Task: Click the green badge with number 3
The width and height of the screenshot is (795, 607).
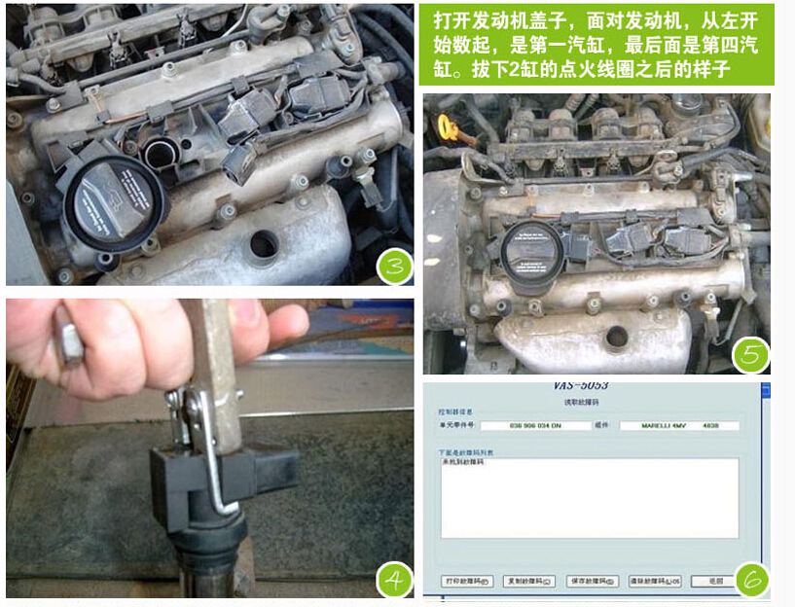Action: tap(395, 266)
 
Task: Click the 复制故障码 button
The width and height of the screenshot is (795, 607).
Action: tap(529, 581)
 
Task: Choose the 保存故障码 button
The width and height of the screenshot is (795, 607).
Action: tap(592, 581)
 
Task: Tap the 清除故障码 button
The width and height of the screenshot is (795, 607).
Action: tap(655, 581)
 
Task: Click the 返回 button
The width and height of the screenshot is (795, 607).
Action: tap(713, 581)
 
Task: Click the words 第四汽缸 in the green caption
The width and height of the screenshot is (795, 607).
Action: tap(720, 46)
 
